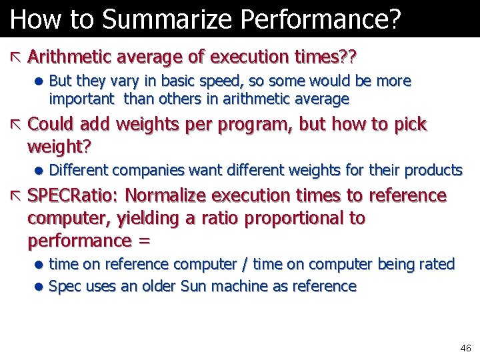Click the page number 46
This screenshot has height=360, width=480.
(465, 348)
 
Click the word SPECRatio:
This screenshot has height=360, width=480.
(73, 196)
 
